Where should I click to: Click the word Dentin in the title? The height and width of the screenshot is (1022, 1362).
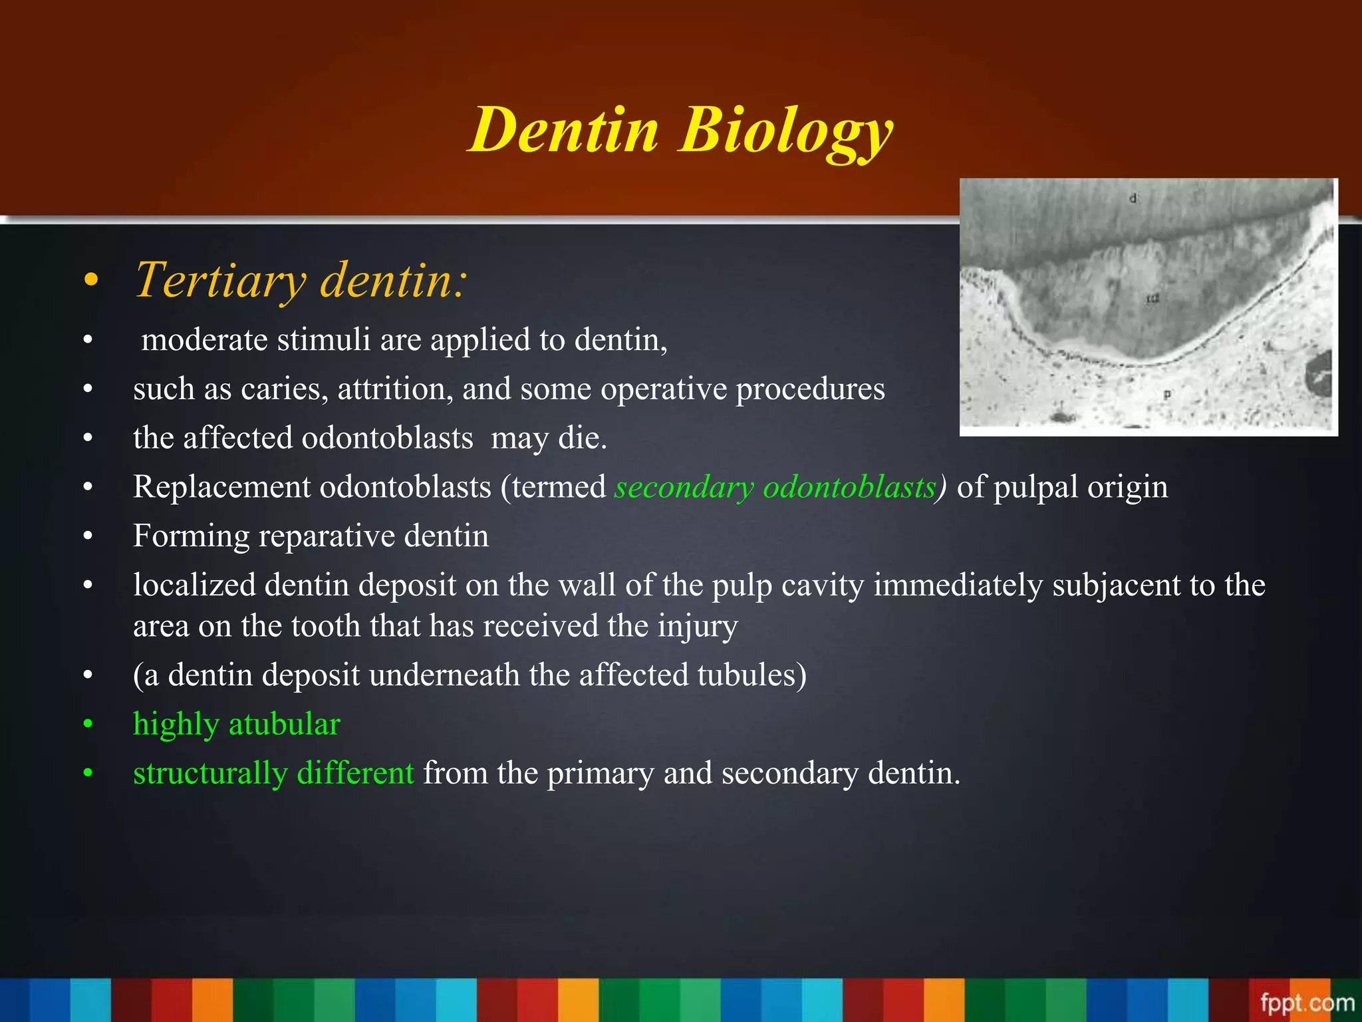(x=563, y=131)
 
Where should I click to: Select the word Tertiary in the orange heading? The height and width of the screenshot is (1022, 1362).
(x=220, y=281)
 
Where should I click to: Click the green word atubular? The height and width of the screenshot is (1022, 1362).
(x=284, y=725)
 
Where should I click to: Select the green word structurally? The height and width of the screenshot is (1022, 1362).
(x=210, y=774)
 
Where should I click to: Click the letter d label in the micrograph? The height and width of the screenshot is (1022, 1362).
(x=1133, y=198)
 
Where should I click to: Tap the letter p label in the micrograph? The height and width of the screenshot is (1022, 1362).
(x=1166, y=395)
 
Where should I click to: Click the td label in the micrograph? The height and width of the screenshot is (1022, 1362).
(x=1152, y=299)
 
